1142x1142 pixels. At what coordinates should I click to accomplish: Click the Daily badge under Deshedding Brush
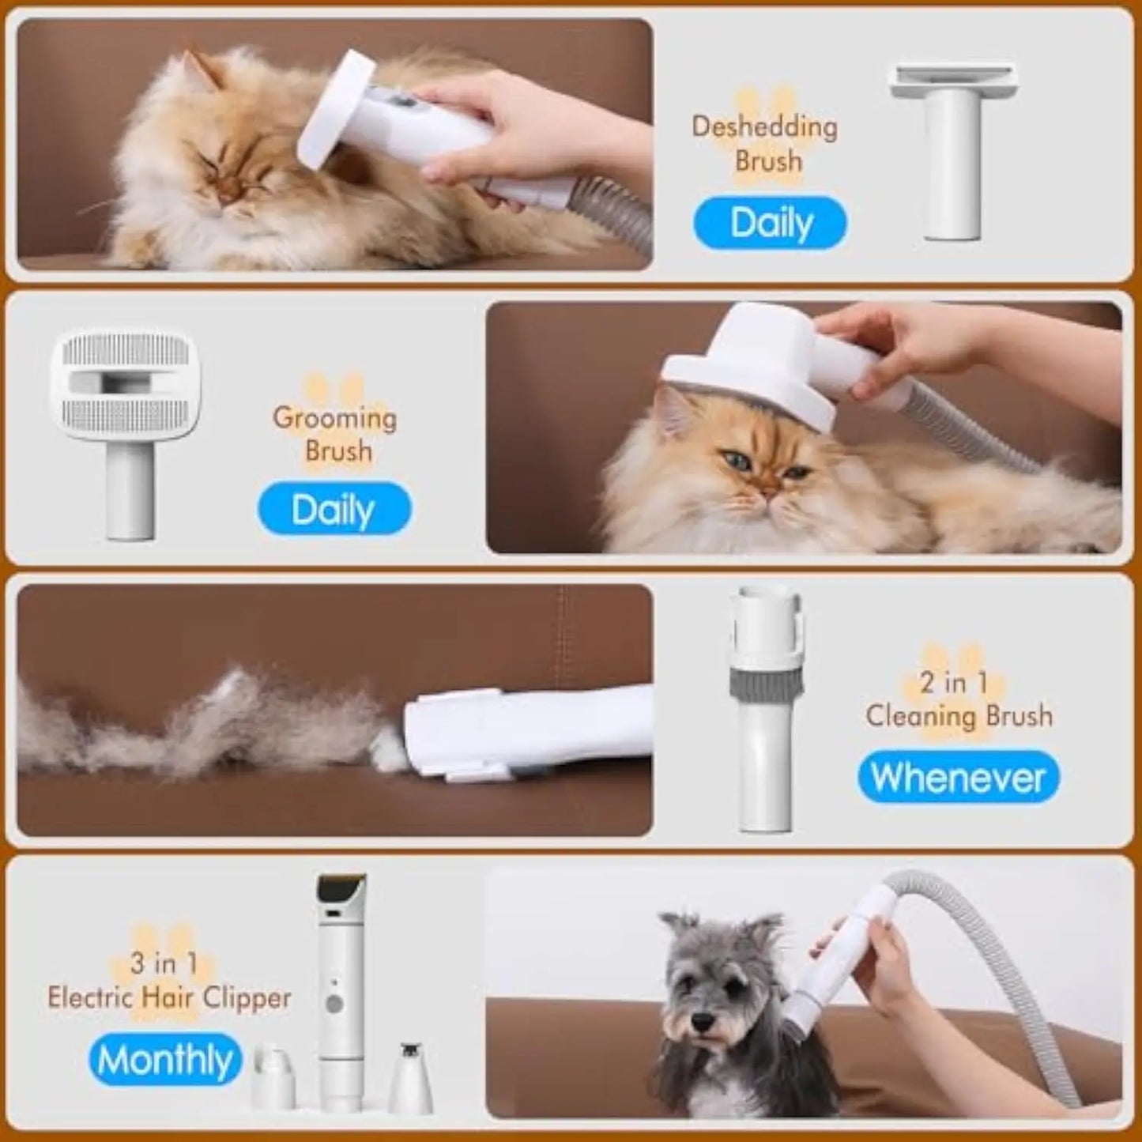tap(770, 223)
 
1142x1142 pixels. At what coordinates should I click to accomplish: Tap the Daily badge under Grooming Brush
tap(334, 510)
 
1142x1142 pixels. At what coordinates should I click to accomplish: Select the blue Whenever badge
tap(958, 778)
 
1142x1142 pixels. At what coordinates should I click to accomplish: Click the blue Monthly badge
tap(165, 1060)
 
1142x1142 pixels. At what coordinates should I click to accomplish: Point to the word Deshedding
tap(764, 126)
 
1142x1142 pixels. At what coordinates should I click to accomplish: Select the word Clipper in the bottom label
tap(247, 997)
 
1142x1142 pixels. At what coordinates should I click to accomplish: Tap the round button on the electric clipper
tap(334, 1004)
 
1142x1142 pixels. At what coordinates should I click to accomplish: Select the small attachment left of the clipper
tap(273, 1075)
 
